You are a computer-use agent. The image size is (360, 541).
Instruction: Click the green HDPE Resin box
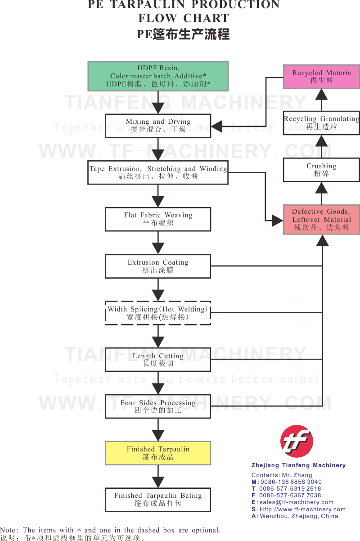[x=158, y=76]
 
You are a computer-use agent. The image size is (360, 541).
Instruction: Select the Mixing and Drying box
[x=158, y=126]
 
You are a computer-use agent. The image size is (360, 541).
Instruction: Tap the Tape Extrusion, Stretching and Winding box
[x=158, y=172]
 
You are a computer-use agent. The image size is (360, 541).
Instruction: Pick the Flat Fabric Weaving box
[x=158, y=219]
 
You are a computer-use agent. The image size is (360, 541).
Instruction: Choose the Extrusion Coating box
[x=158, y=266]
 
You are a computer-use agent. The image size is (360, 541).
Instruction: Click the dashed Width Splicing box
[x=158, y=313]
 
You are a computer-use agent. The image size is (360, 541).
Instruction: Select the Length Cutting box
[x=158, y=359]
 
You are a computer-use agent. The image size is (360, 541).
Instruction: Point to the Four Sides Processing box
[x=158, y=406]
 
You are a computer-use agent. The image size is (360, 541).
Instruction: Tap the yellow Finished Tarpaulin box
[x=158, y=453]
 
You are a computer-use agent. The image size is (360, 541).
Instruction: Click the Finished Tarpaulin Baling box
[x=158, y=500]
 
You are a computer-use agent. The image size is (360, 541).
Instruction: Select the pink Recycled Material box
[x=321, y=77]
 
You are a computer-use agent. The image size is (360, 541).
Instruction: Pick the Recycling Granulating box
[x=321, y=123]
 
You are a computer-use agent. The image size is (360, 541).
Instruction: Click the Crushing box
[x=321, y=170]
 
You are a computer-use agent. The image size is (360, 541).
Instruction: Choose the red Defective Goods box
[x=321, y=220]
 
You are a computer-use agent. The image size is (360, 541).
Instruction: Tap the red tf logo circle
[x=297, y=441]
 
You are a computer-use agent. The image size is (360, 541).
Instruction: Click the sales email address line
[x=292, y=502]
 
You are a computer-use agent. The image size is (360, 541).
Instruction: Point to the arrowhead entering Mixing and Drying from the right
[x=216, y=126]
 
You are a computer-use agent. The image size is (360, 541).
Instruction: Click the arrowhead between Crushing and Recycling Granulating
[x=321, y=141]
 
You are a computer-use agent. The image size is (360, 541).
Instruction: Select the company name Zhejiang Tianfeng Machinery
[x=298, y=465]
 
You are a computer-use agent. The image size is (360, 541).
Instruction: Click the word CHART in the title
[x=206, y=18]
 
